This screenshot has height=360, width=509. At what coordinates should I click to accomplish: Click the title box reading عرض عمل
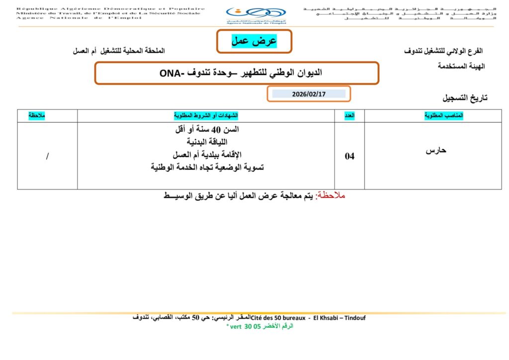point(254,41)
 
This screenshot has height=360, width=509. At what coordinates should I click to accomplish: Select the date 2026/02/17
point(309,93)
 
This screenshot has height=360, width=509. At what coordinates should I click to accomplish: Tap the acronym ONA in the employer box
point(172,73)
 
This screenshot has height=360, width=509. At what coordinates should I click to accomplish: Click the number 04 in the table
point(350,156)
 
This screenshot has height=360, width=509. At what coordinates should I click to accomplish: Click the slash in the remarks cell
point(47,156)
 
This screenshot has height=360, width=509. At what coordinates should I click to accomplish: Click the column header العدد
point(350,115)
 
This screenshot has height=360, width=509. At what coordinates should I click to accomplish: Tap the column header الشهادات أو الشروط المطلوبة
point(206,115)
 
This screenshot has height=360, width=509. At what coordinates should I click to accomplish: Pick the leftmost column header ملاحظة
point(37,115)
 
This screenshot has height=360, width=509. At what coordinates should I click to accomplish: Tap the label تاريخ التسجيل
point(465,98)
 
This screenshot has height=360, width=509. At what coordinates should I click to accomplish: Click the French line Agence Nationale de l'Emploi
point(79,18)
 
